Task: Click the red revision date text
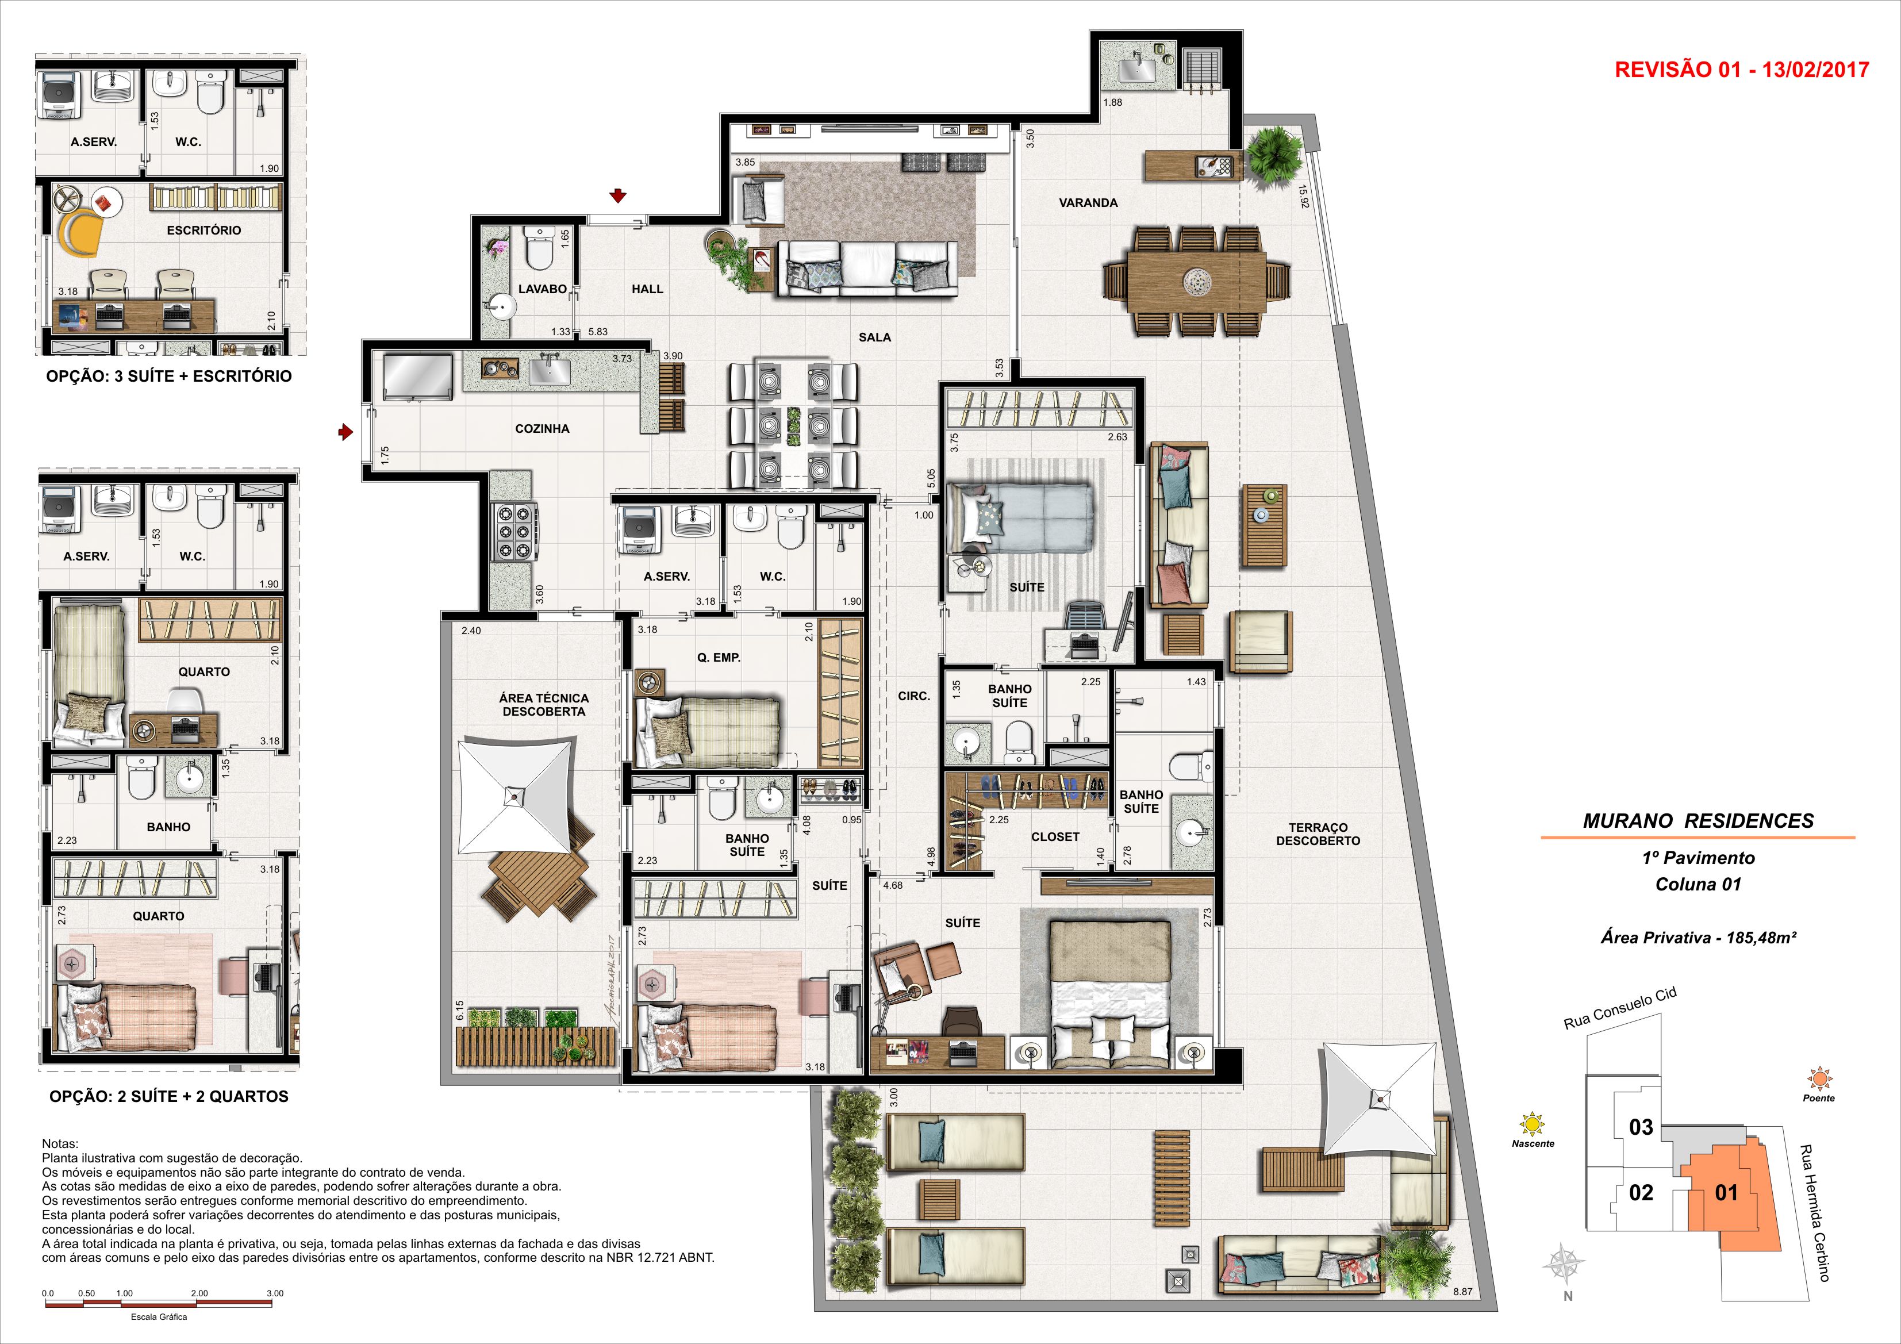[x=1741, y=70]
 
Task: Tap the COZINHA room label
[x=542, y=429]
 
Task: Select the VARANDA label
[x=1088, y=203]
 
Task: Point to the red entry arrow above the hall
[x=617, y=195]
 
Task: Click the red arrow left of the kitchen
[x=346, y=432]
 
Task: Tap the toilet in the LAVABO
[x=539, y=248]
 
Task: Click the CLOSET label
[x=1055, y=837]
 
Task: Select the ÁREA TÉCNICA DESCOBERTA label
[x=543, y=705]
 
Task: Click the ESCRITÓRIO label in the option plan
[x=203, y=230]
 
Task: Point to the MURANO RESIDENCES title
[x=1698, y=821]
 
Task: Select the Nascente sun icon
[x=1533, y=1124]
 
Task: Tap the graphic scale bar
[x=159, y=1305]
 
